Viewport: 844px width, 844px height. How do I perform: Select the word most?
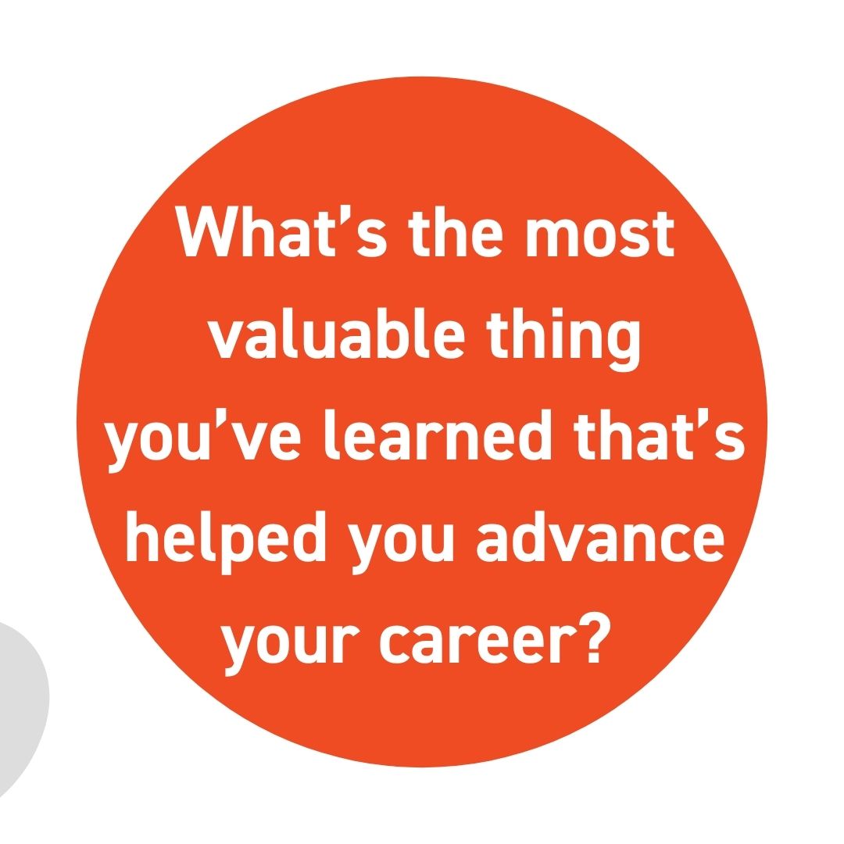[599, 234]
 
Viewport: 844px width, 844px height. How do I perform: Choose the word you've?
[202, 439]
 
